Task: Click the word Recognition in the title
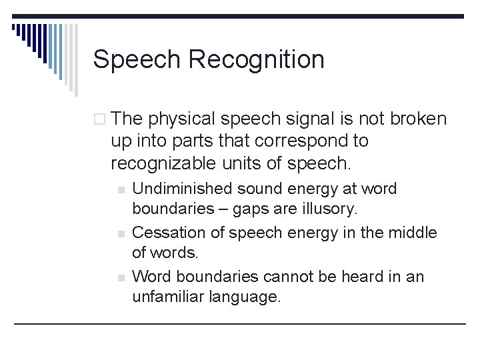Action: [257, 60]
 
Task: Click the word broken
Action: [419, 119]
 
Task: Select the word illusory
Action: [329, 209]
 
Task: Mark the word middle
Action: [413, 233]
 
